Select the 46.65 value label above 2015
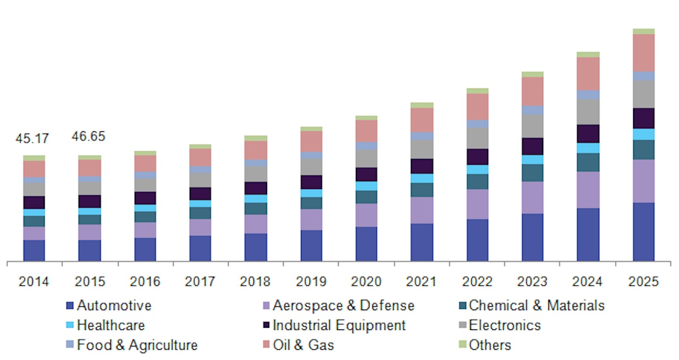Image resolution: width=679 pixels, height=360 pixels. coord(89,137)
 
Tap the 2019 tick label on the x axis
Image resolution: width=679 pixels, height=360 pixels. coord(311,281)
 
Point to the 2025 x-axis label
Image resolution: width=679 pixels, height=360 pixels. coord(643,281)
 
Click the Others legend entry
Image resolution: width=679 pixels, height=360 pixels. coord(489,345)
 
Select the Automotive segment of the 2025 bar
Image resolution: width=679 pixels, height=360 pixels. coord(643,232)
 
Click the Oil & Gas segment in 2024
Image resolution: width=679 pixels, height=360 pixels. coord(588,74)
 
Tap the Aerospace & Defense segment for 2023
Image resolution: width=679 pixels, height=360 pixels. coord(532,198)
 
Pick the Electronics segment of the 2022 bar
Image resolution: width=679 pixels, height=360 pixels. coord(477,138)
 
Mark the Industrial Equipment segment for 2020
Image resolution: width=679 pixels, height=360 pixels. coord(366,174)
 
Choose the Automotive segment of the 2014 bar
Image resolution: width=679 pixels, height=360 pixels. coord(34,251)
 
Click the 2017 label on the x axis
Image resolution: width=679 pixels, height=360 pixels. coord(200,281)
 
